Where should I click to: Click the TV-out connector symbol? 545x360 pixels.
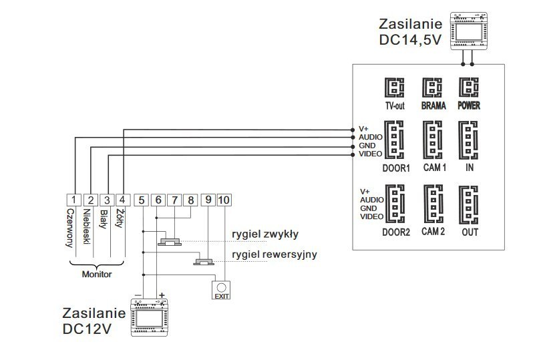(x=393, y=88)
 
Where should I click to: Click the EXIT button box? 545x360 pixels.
(x=221, y=289)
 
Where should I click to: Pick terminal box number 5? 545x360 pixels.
(x=141, y=199)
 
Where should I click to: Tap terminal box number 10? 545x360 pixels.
(x=224, y=199)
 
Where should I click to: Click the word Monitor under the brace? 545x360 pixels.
(x=97, y=274)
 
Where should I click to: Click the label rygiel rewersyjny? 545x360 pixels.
(x=274, y=254)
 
